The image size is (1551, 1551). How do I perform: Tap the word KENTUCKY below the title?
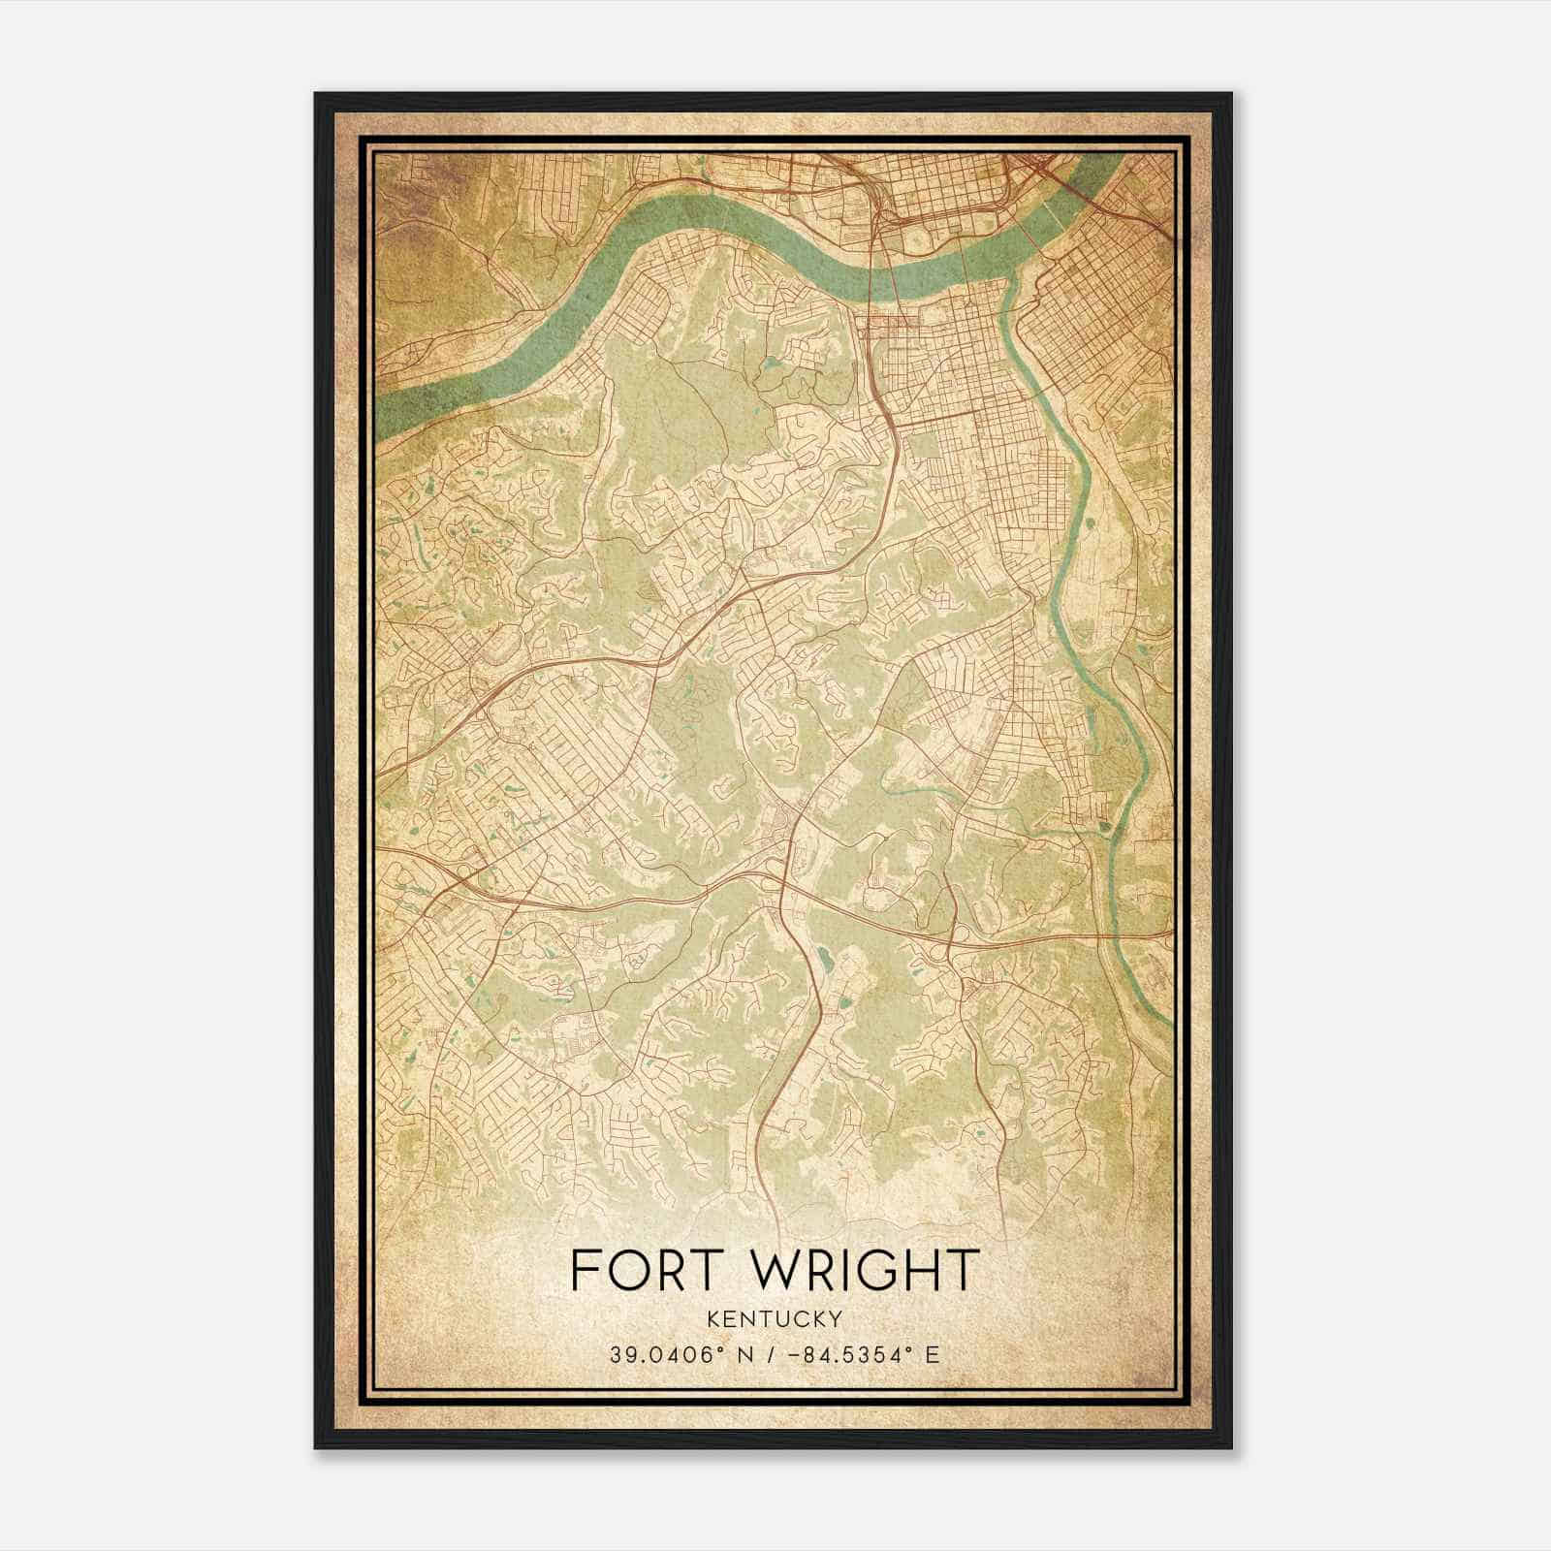coord(775,1318)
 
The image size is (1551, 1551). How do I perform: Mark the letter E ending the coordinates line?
coord(933,1354)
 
